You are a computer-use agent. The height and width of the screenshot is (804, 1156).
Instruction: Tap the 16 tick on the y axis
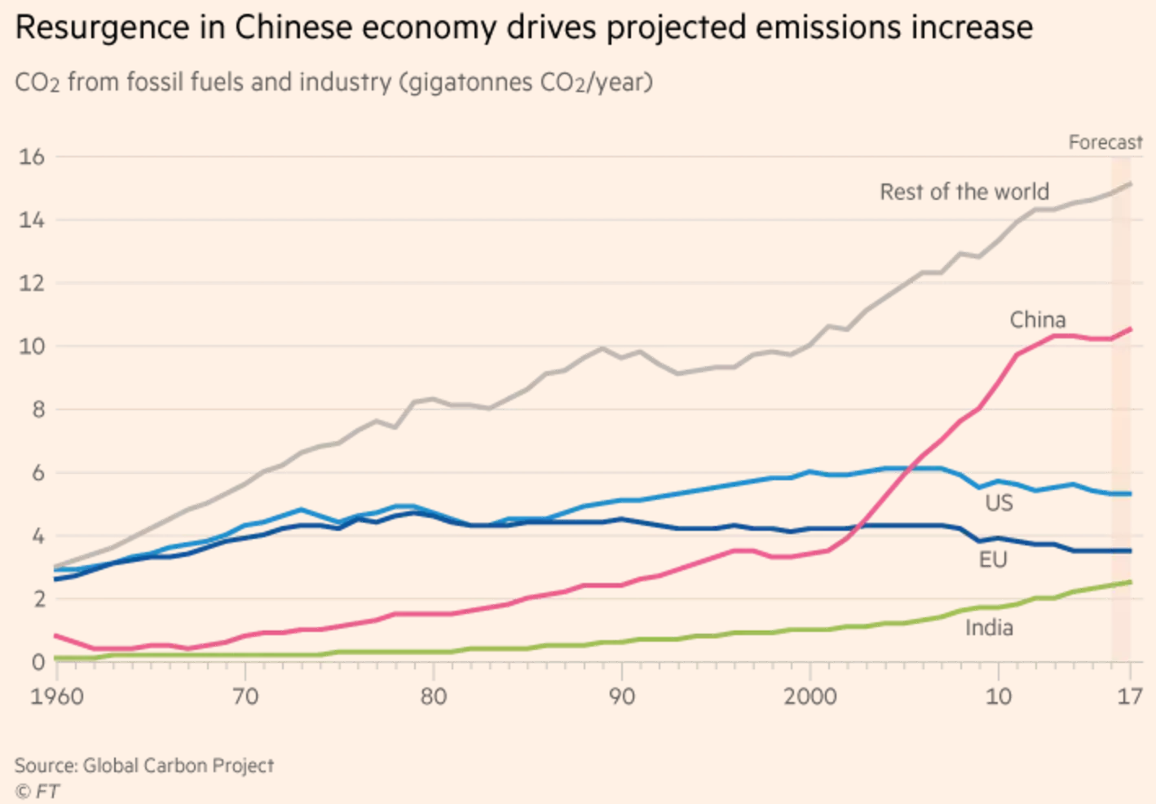pos(32,157)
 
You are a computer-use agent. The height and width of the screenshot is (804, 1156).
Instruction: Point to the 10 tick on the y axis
pos(32,346)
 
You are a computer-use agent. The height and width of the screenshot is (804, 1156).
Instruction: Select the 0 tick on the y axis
pos(38,662)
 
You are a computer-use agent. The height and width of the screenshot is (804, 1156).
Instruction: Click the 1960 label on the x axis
pos(57,697)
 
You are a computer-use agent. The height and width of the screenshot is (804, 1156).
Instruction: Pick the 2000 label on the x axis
pos(810,697)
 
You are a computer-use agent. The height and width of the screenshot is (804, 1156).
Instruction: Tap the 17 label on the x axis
pos(1130,697)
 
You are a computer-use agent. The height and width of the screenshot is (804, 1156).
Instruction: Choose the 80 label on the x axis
pos(434,697)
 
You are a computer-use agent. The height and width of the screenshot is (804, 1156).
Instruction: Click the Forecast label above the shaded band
pos(1105,143)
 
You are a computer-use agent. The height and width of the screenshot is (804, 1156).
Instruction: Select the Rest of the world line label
pos(964,192)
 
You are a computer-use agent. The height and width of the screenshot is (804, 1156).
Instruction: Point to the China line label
pos(1037,320)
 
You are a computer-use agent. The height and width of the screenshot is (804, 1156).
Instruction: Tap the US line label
pos(999,502)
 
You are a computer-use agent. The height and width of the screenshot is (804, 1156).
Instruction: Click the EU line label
pos(993,559)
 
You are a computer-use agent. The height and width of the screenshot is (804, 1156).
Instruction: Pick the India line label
pos(989,628)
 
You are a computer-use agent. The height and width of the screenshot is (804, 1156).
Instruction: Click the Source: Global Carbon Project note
pos(143,766)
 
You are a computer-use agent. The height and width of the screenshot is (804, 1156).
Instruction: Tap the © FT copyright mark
pos(37,791)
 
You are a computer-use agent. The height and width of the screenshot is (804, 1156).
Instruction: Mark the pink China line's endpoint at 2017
pos(1130,329)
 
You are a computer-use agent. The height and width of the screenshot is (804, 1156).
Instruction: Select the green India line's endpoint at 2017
pos(1130,581)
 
